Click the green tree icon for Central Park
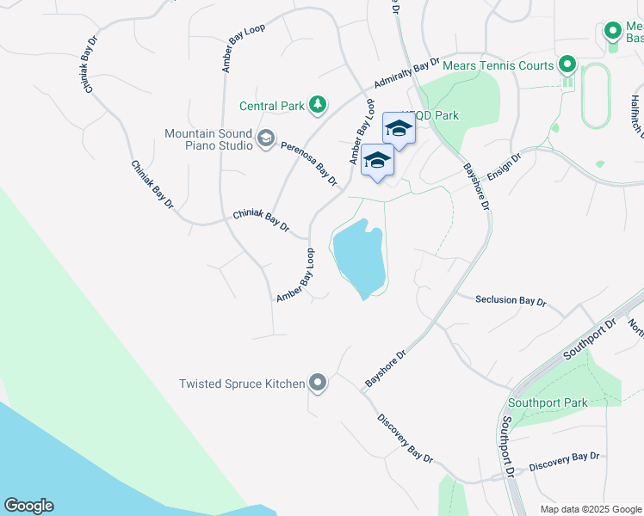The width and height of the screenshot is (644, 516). coord(318,106)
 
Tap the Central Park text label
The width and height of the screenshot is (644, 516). coord(272,107)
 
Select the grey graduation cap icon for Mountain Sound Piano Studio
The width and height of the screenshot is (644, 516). coord(266,138)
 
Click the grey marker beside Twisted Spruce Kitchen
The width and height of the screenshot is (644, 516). coord(318,383)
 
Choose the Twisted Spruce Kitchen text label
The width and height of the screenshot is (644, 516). coord(242,384)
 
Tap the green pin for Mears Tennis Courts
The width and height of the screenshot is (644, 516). coord(567,64)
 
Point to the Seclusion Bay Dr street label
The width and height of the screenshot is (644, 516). coord(511,300)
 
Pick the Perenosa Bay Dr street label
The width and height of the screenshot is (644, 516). coord(308,163)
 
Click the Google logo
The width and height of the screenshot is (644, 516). coord(28,506)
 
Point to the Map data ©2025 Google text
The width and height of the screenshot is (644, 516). coord(590,509)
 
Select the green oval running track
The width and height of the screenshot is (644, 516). coord(596,95)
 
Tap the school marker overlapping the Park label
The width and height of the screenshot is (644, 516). coord(398,129)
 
